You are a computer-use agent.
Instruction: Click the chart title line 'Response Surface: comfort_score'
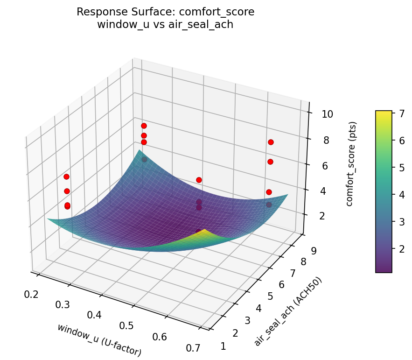(x=165, y=12)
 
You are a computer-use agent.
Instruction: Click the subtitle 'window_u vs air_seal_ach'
(x=165, y=25)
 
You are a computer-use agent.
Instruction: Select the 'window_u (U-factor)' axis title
(x=99, y=340)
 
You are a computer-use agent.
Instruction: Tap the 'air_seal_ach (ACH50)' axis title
(x=288, y=311)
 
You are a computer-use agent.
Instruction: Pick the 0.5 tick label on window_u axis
(x=126, y=325)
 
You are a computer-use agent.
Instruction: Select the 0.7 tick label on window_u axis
(x=193, y=347)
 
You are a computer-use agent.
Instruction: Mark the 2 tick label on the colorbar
(x=400, y=248)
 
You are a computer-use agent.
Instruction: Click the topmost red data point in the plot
(x=144, y=126)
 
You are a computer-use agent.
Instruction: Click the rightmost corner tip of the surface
(x=288, y=194)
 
